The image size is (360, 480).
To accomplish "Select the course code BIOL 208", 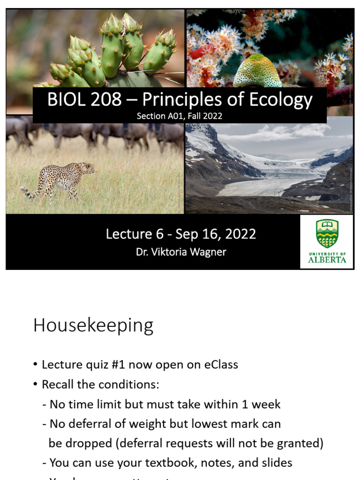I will (x=79, y=100).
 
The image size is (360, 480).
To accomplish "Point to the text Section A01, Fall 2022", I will (x=180, y=115).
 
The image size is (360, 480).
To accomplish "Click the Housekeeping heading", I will (x=93, y=325).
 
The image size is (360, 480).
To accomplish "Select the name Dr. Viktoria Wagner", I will (x=181, y=252).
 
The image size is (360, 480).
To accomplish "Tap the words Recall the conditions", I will (x=100, y=385).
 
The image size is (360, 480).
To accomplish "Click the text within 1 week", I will (x=251, y=404).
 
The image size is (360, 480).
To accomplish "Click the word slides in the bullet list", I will (x=275, y=463).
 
